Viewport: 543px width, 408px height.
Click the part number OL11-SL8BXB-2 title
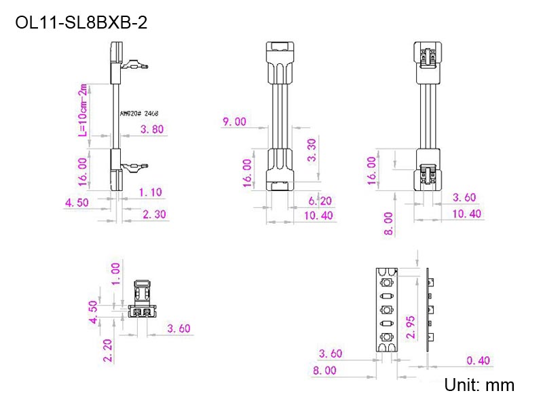pos(81,23)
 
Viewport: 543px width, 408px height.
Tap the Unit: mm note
pos(479,385)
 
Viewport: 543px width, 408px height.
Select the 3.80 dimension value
pos(151,129)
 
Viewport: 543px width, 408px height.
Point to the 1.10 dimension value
pos(151,192)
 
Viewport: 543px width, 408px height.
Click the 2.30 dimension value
pos(155,215)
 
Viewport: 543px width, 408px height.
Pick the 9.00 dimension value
pos(234,122)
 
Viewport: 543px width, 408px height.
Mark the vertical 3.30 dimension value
pos(312,150)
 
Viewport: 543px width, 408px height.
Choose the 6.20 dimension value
pos(320,201)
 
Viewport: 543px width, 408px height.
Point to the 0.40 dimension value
pos(479,360)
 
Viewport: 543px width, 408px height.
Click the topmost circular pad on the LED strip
pos(387,282)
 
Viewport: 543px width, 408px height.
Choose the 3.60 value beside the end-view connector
pos(179,328)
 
